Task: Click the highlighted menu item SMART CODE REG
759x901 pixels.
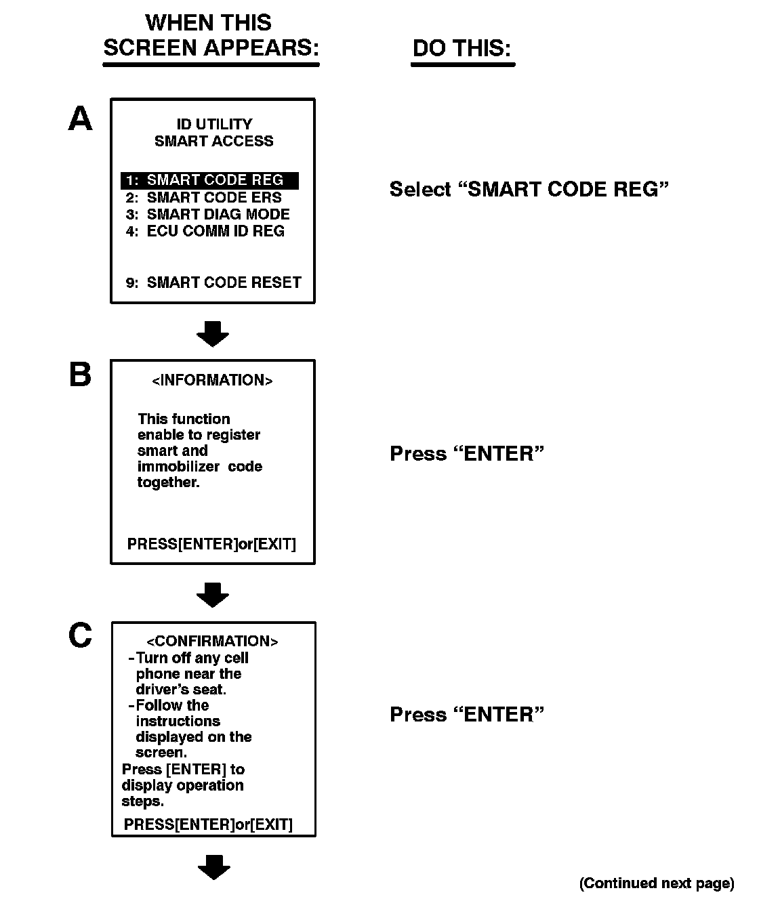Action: [x=210, y=180]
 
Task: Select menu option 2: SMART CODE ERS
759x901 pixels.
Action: [x=204, y=198]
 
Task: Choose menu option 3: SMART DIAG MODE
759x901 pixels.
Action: [x=208, y=215]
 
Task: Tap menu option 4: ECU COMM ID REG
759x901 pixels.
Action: [x=205, y=232]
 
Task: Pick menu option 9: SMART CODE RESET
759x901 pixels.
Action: [x=213, y=282]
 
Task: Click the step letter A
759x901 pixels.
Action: [x=81, y=119]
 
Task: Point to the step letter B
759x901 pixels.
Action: [x=81, y=375]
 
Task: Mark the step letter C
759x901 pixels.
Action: [x=81, y=636]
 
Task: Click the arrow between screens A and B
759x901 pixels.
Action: [x=213, y=333]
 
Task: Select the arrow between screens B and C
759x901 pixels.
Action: [x=213, y=595]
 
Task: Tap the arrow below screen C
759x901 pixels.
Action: [x=213, y=867]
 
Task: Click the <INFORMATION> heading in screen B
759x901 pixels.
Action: [x=212, y=381]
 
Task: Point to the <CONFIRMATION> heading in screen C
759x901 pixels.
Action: [x=212, y=642]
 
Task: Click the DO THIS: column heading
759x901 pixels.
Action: [x=461, y=48]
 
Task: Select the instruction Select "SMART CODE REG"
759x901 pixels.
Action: [x=529, y=189]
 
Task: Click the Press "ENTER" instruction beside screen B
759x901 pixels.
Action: [x=467, y=454]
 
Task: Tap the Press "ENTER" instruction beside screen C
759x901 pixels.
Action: [x=467, y=715]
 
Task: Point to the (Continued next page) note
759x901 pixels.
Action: [x=656, y=883]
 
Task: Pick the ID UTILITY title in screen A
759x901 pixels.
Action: [x=214, y=125]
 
